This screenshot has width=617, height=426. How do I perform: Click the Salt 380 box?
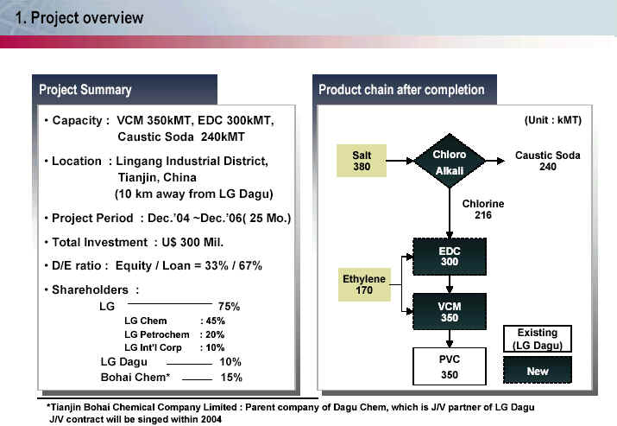click(x=362, y=161)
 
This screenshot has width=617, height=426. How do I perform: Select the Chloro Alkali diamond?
click(x=450, y=161)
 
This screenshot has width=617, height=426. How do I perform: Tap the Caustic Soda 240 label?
click(x=547, y=161)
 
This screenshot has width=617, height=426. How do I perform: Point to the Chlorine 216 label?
click(x=483, y=209)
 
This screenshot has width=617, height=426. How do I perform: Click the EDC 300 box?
click(x=450, y=257)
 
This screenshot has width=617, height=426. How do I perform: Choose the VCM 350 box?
click(x=450, y=311)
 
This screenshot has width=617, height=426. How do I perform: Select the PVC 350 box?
click(x=450, y=366)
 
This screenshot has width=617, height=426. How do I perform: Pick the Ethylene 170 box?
click(x=364, y=284)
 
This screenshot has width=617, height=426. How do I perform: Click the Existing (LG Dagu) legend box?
click(x=537, y=339)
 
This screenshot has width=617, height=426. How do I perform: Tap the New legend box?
click(x=537, y=370)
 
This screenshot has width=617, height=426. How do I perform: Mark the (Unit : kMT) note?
click(x=553, y=120)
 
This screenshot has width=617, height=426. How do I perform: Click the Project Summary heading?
click(x=85, y=90)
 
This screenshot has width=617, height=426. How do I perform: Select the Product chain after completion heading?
click(x=401, y=90)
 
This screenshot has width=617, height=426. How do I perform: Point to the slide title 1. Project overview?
click(x=79, y=18)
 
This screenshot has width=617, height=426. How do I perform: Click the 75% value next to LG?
click(x=229, y=306)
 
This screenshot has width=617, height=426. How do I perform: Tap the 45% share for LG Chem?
click(x=215, y=321)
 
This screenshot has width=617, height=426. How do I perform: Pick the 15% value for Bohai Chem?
click(x=231, y=377)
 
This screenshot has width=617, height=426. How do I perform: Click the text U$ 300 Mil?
click(x=192, y=242)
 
